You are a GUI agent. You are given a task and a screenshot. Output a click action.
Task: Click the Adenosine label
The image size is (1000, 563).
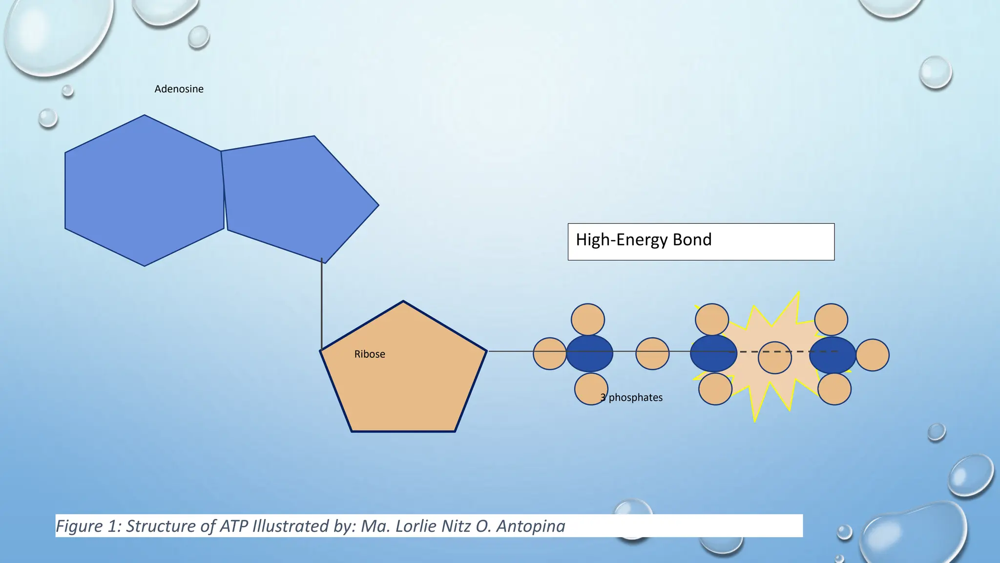[x=179, y=89]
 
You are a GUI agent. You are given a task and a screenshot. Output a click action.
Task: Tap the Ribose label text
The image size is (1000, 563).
[x=370, y=354]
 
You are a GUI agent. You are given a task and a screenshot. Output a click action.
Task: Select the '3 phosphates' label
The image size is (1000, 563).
[x=631, y=398]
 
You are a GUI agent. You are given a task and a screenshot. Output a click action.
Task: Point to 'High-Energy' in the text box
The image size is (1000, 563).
[x=622, y=240]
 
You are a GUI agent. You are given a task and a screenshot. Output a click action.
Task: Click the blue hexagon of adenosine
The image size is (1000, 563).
[x=144, y=191]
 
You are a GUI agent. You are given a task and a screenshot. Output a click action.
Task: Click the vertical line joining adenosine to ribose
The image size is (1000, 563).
[x=322, y=303]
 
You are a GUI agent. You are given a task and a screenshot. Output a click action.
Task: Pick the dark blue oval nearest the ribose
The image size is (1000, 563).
[x=589, y=353]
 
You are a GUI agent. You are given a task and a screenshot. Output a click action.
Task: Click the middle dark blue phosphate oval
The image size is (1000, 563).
[x=713, y=353]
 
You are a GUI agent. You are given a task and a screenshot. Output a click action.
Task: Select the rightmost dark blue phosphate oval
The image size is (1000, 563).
[x=833, y=355]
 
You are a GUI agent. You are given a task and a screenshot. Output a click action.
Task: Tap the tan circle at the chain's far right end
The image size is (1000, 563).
[x=873, y=355]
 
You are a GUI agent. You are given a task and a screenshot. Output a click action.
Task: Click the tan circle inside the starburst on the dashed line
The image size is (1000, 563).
[x=774, y=358]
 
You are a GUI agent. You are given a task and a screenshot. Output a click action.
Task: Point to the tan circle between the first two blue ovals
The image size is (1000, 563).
[x=652, y=353]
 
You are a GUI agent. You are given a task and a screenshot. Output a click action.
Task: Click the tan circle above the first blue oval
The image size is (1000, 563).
[x=588, y=320]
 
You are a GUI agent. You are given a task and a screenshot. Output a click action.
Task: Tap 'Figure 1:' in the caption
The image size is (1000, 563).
[x=88, y=526]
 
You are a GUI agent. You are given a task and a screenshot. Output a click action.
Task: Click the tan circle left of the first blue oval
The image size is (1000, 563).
[x=549, y=353]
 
